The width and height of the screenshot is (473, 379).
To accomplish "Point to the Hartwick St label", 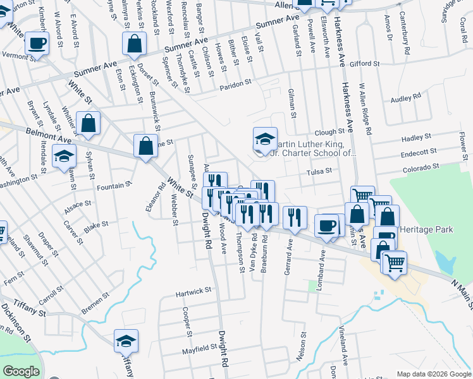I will point(193,291).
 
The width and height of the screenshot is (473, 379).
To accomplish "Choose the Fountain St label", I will point(114,186).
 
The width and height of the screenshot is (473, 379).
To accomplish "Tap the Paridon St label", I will point(236,82).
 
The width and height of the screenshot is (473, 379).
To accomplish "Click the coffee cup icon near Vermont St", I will point(37,44).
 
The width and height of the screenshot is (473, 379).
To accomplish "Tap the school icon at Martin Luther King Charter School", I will point(265,139).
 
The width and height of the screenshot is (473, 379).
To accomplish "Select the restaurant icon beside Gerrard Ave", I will point(295,217).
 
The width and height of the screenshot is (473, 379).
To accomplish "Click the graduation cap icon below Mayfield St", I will point(126,341).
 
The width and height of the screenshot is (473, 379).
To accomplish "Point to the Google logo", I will point(21,371).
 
